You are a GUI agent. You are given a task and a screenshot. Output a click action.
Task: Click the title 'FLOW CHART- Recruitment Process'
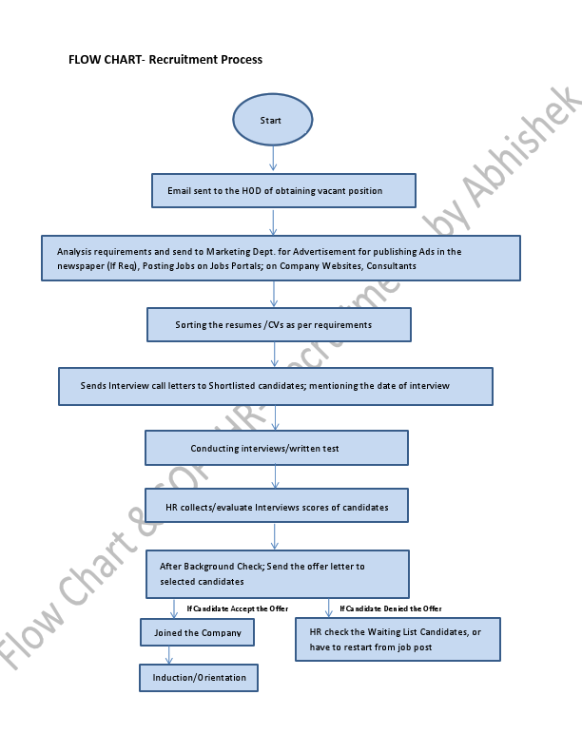165,60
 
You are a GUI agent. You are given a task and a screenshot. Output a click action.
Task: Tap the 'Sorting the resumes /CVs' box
279,324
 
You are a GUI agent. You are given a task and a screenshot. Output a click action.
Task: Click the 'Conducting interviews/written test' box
276,448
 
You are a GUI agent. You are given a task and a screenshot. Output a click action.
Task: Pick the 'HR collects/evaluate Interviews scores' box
277,507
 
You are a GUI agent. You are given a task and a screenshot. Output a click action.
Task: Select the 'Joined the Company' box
198,632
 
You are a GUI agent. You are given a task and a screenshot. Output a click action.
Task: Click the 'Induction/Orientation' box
199,678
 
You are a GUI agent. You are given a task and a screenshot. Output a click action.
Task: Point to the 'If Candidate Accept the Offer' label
237,608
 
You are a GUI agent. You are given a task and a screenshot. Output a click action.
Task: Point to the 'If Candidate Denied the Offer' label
390,608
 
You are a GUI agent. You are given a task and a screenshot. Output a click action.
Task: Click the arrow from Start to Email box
273,159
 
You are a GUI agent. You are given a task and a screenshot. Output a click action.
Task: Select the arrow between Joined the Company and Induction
170,655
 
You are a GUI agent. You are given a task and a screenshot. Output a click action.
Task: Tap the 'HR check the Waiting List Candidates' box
398,639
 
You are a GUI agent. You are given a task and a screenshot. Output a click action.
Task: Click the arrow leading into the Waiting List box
329,608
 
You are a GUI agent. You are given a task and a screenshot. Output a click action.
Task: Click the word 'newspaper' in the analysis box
79,266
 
